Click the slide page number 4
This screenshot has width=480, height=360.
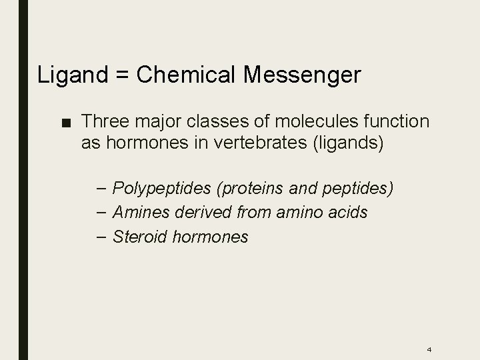429,349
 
